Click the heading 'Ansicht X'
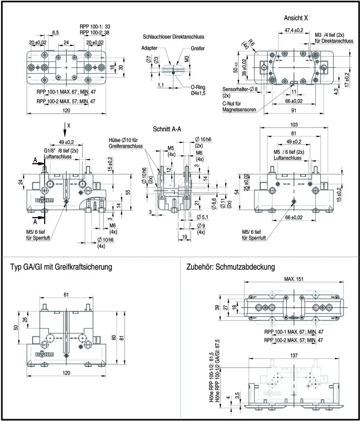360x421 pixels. point(296,18)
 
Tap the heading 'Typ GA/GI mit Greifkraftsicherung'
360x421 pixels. point(61,267)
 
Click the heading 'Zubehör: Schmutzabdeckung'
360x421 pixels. point(230,267)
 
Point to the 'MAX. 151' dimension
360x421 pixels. point(293,279)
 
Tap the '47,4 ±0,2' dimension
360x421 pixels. point(294,30)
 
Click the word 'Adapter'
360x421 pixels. point(149,48)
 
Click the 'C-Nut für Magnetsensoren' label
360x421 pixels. point(239,107)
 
